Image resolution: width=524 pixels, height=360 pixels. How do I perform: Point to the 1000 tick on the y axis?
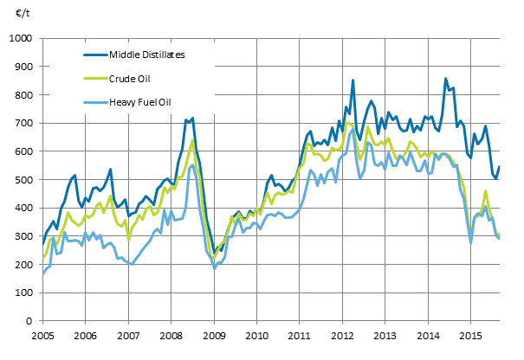[x=21, y=39]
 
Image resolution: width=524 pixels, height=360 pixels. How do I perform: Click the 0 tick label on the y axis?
[x=30, y=321]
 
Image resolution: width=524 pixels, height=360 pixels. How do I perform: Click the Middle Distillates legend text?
[x=148, y=55]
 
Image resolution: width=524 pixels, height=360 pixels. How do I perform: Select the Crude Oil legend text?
[x=129, y=77]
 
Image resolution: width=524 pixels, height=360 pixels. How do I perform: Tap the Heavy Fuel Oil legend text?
[x=139, y=100]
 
